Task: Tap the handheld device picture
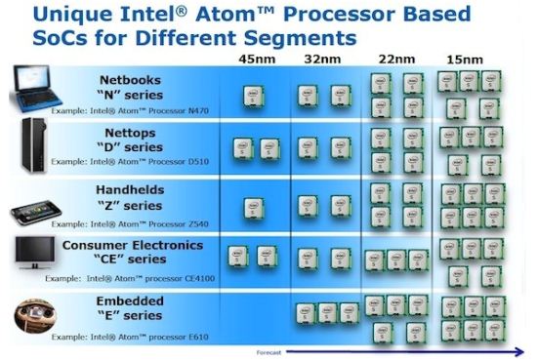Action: (x=34, y=207)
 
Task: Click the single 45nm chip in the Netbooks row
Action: (x=253, y=95)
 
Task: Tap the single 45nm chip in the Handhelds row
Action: (x=253, y=204)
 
